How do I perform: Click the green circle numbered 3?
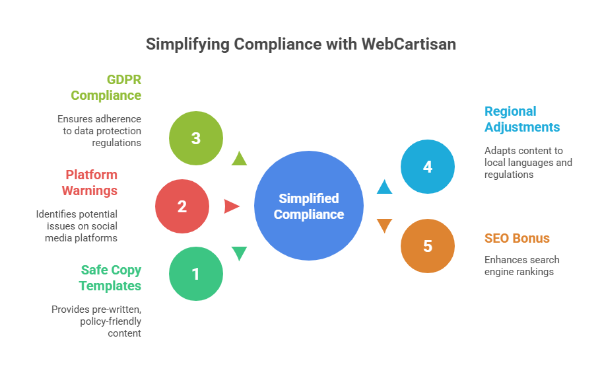pyautogui.click(x=195, y=138)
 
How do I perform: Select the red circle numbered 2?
pyautogui.click(x=182, y=206)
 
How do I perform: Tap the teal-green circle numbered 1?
pyautogui.click(x=195, y=273)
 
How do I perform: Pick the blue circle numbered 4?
pyautogui.click(x=428, y=167)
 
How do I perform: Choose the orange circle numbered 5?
pyautogui.click(x=428, y=246)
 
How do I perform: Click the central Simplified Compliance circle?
pyautogui.click(x=309, y=206)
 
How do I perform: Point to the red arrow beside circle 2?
pyautogui.click(x=231, y=206)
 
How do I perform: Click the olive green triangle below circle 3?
pyautogui.click(x=239, y=159)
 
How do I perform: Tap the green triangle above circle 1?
pyautogui.click(x=239, y=253)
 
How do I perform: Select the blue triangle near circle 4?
pyautogui.click(x=384, y=187)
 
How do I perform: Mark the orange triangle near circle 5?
pyautogui.click(x=384, y=226)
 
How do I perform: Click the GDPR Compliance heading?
pyautogui.click(x=106, y=87)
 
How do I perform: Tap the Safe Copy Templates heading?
pyautogui.click(x=110, y=278)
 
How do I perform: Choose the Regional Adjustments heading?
pyautogui.click(x=521, y=119)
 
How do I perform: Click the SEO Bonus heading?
pyautogui.click(x=517, y=238)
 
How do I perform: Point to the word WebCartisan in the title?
pyautogui.click(x=408, y=44)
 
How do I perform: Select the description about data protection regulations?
pyautogui.click(x=99, y=130)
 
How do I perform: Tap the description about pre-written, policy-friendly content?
pyautogui.click(x=96, y=321)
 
